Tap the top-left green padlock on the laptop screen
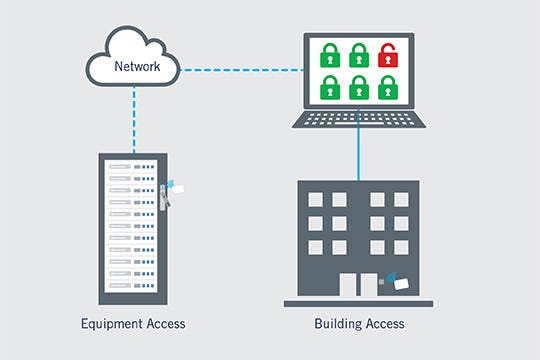(329, 56)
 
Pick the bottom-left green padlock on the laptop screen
(329, 89)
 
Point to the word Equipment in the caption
(110, 324)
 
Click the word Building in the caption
(337, 324)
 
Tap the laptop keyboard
(357, 118)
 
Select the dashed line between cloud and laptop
(240, 70)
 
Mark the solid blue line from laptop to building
(358, 155)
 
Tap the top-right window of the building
(401, 200)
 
